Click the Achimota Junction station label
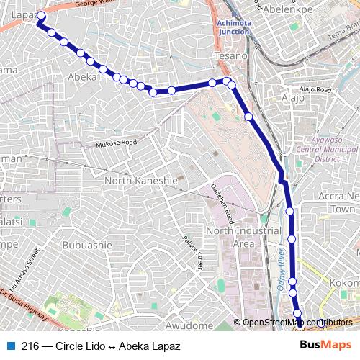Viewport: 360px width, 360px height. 231,27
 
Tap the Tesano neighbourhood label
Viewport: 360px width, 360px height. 230,56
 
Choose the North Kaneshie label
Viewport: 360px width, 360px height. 140,180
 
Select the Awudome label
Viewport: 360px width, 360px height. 189,326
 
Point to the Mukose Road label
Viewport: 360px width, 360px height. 116,144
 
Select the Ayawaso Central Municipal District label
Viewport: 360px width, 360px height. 326,150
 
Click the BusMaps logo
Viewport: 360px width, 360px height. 326,346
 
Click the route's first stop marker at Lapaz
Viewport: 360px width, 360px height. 41,15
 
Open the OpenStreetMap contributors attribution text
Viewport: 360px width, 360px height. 298,323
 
